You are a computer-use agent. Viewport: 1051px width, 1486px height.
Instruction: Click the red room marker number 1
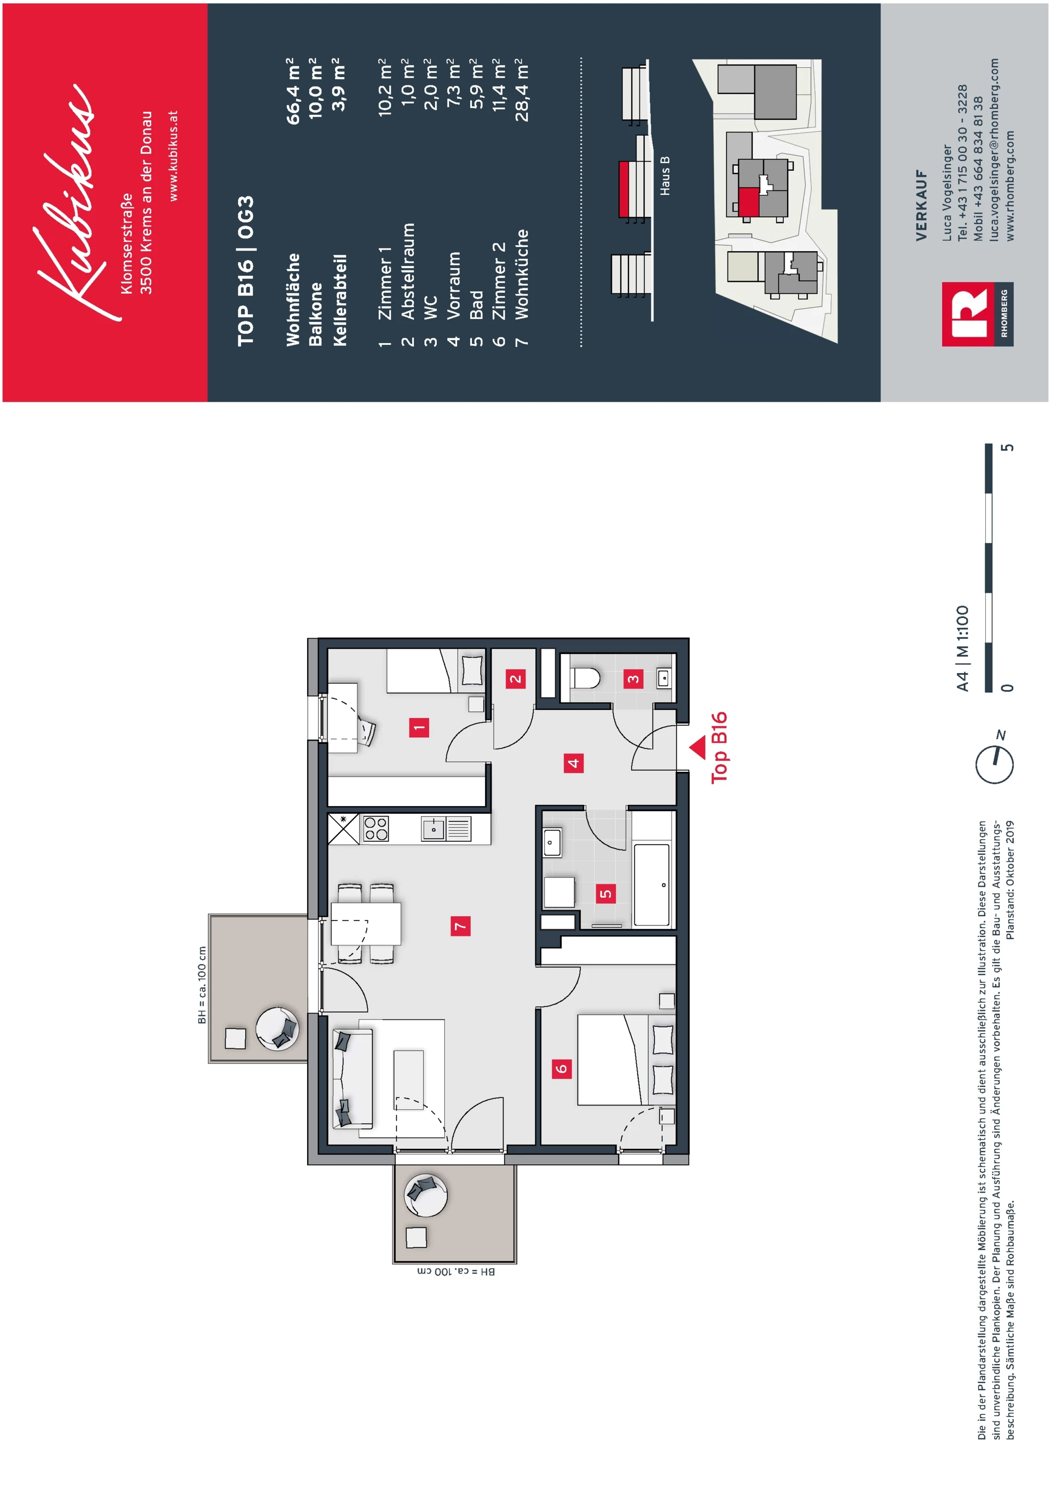(419, 727)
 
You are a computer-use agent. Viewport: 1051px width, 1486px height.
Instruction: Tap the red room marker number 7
(460, 926)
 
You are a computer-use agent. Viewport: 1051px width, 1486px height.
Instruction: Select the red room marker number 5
(605, 894)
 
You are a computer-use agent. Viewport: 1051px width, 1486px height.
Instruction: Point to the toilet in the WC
(585, 678)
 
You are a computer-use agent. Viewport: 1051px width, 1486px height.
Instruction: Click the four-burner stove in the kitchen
(376, 829)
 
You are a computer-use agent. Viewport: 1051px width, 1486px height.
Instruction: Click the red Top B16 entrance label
(720, 748)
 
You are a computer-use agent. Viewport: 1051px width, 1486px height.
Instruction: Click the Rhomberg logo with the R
(977, 314)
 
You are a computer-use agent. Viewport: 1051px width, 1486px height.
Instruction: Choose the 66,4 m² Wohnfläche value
(293, 91)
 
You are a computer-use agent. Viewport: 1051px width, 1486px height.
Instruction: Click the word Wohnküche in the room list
(522, 274)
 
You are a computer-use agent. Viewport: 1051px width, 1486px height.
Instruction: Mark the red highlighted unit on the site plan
(749, 202)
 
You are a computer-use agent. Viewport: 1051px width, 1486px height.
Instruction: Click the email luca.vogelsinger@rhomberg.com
(994, 149)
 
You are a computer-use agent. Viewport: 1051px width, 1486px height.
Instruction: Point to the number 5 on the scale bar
(1007, 448)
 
